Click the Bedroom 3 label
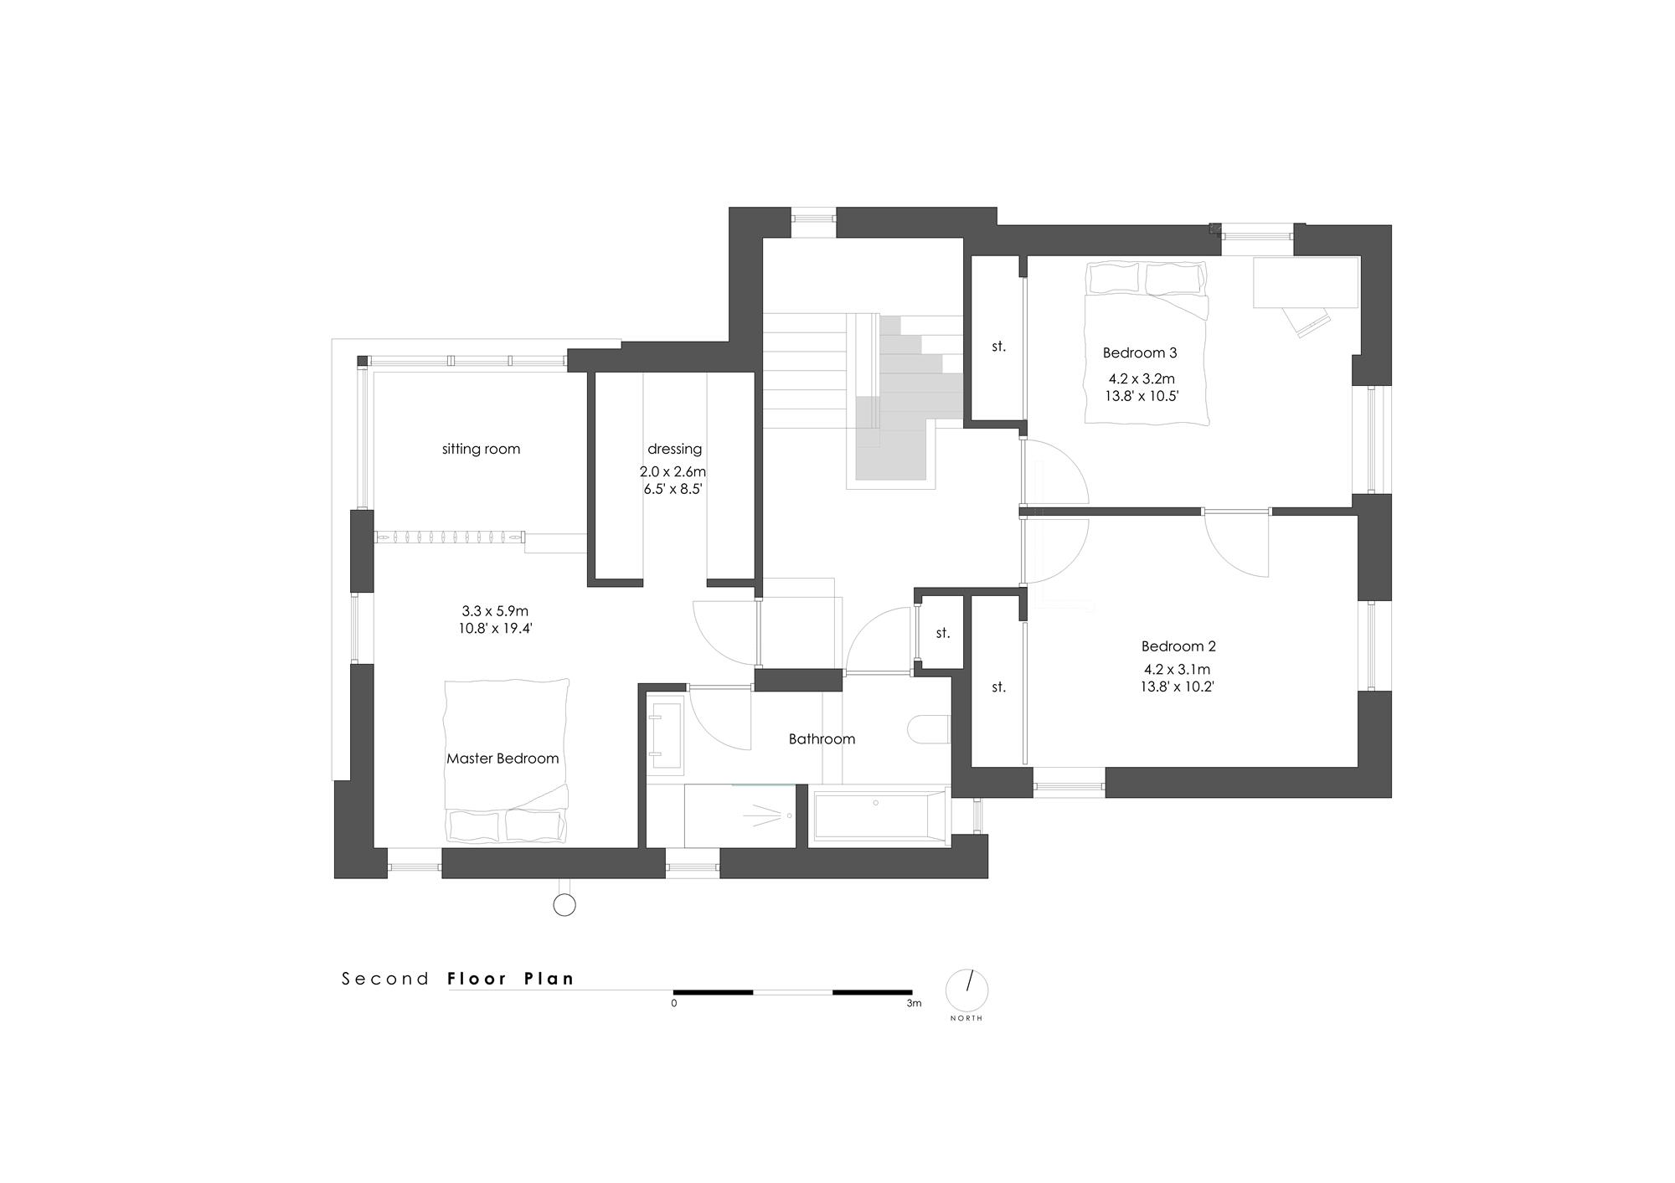(x=1140, y=352)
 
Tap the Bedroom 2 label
(x=1178, y=646)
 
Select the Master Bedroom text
(x=502, y=759)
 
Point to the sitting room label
(x=481, y=449)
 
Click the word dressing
(x=674, y=449)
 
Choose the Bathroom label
(x=822, y=738)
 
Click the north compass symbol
(x=967, y=990)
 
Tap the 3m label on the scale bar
(x=914, y=1003)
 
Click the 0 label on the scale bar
(x=674, y=1003)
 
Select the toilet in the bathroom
(x=928, y=729)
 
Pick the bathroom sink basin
(x=667, y=734)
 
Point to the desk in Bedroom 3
(x=1306, y=283)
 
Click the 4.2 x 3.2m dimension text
(x=1142, y=379)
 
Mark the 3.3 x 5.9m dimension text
(x=495, y=611)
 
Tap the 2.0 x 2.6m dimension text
(x=673, y=472)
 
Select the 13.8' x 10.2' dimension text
(x=1177, y=687)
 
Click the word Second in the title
(x=385, y=979)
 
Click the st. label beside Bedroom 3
(x=998, y=346)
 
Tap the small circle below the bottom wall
(x=564, y=904)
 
